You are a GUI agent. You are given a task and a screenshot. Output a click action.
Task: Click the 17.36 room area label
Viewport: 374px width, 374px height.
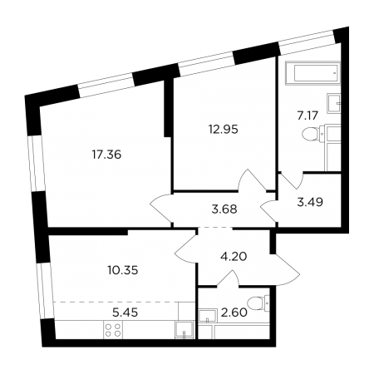[106, 155]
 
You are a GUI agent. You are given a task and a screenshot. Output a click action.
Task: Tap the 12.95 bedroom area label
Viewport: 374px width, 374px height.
[224, 130]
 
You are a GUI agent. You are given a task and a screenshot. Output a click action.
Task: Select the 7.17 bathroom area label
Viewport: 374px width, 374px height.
[308, 116]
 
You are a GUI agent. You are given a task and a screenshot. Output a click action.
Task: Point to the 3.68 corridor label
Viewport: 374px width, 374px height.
[224, 209]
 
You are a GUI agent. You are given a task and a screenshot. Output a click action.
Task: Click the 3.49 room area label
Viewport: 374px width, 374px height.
[310, 202]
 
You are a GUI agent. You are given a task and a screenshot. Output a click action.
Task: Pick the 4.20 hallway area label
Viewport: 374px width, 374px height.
[234, 257]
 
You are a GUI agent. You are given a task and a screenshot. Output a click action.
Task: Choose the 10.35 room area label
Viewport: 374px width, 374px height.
[123, 270]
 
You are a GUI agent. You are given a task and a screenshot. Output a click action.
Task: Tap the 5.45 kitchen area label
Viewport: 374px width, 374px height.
[125, 312]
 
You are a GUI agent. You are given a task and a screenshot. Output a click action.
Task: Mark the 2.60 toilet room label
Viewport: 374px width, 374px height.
[234, 312]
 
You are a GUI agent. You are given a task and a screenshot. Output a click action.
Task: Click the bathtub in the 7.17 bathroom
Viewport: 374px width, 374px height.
[312, 73]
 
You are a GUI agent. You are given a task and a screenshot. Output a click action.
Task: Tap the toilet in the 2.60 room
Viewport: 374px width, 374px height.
[258, 303]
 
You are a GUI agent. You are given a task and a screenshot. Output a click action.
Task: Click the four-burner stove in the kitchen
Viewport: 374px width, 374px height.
[113, 330]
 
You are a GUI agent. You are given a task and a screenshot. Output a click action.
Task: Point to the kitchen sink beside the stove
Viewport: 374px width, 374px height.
[185, 330]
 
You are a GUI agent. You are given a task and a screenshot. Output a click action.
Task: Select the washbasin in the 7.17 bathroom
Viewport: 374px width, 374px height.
[334, 103]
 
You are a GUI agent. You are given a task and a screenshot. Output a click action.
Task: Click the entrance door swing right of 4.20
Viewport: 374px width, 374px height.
[285, 270]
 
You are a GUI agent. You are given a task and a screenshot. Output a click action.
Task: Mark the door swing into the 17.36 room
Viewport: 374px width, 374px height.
[160, 208]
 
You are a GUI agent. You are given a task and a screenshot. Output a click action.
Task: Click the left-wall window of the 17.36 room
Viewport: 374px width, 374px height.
[37, 164]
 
